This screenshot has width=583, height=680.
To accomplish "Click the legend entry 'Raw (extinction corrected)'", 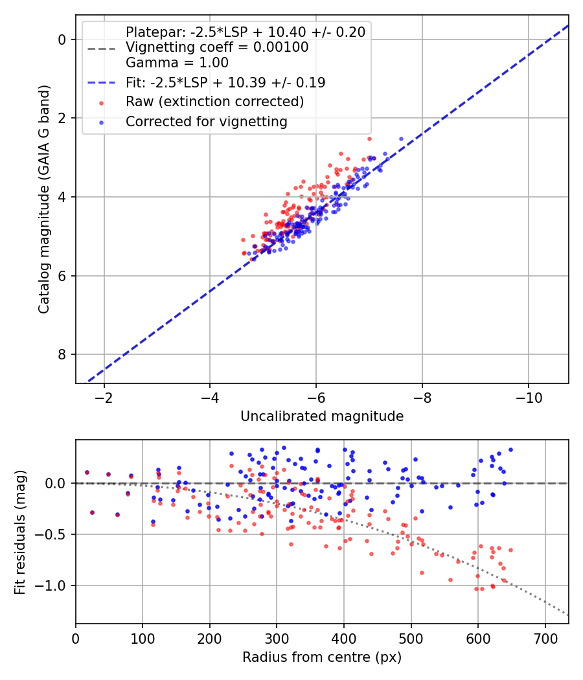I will (x=214, y=102).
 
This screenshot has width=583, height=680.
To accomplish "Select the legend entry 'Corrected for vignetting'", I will (x=206, y=121).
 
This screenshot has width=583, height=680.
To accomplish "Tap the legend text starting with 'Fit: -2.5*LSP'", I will (x=225, y=82).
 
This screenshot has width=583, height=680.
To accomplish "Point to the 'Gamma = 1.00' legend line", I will (x=177, y=63).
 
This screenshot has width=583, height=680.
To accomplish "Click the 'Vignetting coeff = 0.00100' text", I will (x=217, y=47).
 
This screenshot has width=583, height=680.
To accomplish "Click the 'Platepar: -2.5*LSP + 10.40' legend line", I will (x=246, y=32).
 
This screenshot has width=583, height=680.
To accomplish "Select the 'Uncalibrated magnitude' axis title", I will (x=322, y=416).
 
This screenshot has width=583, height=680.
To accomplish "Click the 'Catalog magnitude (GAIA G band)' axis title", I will (x=43, y=198).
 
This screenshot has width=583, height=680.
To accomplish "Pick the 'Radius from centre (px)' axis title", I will (x=322, y=657).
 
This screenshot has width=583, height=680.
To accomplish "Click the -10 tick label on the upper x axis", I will (x=528, y=397).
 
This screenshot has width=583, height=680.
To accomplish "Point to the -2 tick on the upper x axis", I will (x=103, y=397).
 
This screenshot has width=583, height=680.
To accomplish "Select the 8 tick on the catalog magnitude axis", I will (x=62, y=354).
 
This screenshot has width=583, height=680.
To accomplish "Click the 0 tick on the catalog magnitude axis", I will (x=62, y=40).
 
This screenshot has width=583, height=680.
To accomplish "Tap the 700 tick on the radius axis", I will (x=545, y=637).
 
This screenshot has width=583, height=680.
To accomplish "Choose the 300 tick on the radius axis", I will (x=277, y=637).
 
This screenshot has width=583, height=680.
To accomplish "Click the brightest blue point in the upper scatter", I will (x=401, y=139).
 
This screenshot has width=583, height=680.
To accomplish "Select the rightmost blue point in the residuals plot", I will (x=510, y=449).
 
